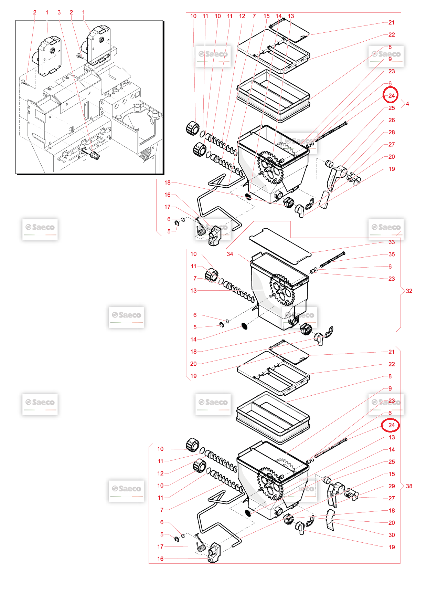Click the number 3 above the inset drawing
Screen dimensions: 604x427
pyautogui.click(x=59, y=12)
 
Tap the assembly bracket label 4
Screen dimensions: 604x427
pyautogui.click(x=407, y=104)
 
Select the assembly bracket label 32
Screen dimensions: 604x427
pyautogui.click(x=409, y=291)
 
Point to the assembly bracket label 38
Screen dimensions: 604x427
pyautogui.click(x=409, y=486)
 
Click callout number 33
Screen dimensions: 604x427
pyautogui.click(x=392, y=242)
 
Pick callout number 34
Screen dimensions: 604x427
pyautogui.click(x=230, y=254)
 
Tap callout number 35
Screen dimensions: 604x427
pyautogui.click(x=392, y=254)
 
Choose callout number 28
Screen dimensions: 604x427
pyautogui.click(x=392, y=132)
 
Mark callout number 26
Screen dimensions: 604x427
pyautogui.click(x=392, y=120)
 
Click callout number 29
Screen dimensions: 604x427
pyautogui.click(x=392, y=486)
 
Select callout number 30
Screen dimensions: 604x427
pyautogui.click(x=392, y=535)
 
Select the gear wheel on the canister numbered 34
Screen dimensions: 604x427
pyautogui.click(x=282, y=290)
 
